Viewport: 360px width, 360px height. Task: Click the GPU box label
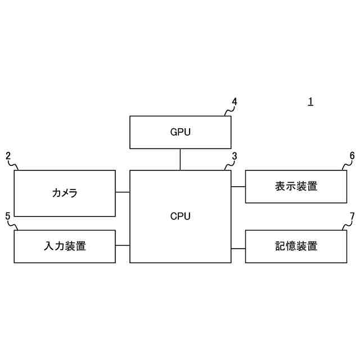(180, 133)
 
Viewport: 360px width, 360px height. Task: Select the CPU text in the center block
(180, 216)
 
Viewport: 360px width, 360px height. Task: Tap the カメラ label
(65, 193)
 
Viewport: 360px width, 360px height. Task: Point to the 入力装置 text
(65, 246)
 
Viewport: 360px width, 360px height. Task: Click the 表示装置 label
(296, 186)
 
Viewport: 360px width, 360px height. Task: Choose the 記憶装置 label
(296, 246)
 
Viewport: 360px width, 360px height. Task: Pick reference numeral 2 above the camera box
(8, 156)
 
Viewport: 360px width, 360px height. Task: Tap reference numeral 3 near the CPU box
(235, 156)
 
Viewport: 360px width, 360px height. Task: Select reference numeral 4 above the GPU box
(235, 102)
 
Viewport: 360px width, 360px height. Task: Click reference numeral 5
(7, 216)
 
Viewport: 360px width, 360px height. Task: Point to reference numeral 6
(352, 156)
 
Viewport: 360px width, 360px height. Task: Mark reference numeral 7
(352, 216)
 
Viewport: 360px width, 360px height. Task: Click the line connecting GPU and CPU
(180, 159)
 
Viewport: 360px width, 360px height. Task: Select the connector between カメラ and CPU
(123, 192)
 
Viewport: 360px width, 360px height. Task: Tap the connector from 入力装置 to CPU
(123, 246)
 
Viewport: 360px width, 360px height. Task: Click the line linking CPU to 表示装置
(238, 186)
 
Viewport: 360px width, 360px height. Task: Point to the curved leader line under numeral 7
(347, 226)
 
